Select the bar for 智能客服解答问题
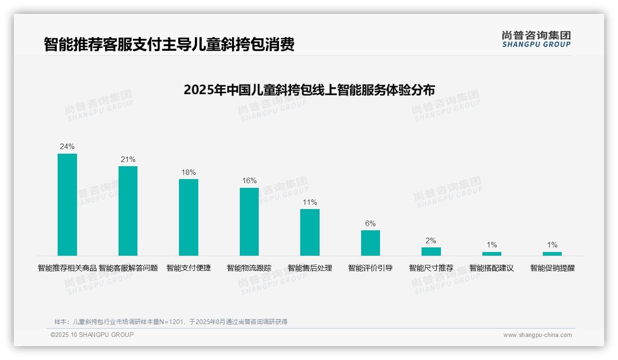point(128,211)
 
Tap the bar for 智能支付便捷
point(189,217)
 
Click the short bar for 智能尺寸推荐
point(431,252)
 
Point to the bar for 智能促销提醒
point(552,254)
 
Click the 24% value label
point(67,147)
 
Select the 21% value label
point(128,160)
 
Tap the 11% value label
point(310,203)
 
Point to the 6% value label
point(370,224)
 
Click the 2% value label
point(431,241)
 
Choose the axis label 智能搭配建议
point(492,268)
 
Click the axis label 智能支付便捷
point(189,268)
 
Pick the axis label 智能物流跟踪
point(249,268)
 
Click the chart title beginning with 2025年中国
point(309,90)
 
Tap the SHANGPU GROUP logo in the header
point(536,39)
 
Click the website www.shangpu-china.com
point(537,335)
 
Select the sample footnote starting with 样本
point(171,322)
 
